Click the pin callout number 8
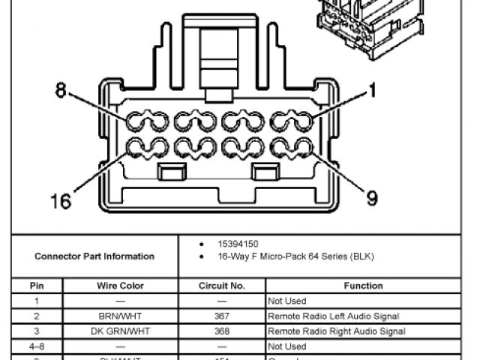pos(61,91)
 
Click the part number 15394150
pos(238,244)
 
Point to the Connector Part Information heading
pos(94,256)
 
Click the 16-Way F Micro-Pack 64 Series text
pos(295,256)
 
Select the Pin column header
pos(37,286)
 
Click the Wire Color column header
pos(120,286)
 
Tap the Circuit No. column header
pos(222,286)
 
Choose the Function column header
pos(363,286)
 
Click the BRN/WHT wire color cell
pos(120,316)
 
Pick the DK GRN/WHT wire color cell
pos(120,331)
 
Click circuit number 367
pos(222,316)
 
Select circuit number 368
pos(222,331)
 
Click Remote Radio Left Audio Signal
pos(333,316)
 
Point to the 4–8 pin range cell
pos(37,346)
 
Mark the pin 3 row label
pos(37,331)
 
